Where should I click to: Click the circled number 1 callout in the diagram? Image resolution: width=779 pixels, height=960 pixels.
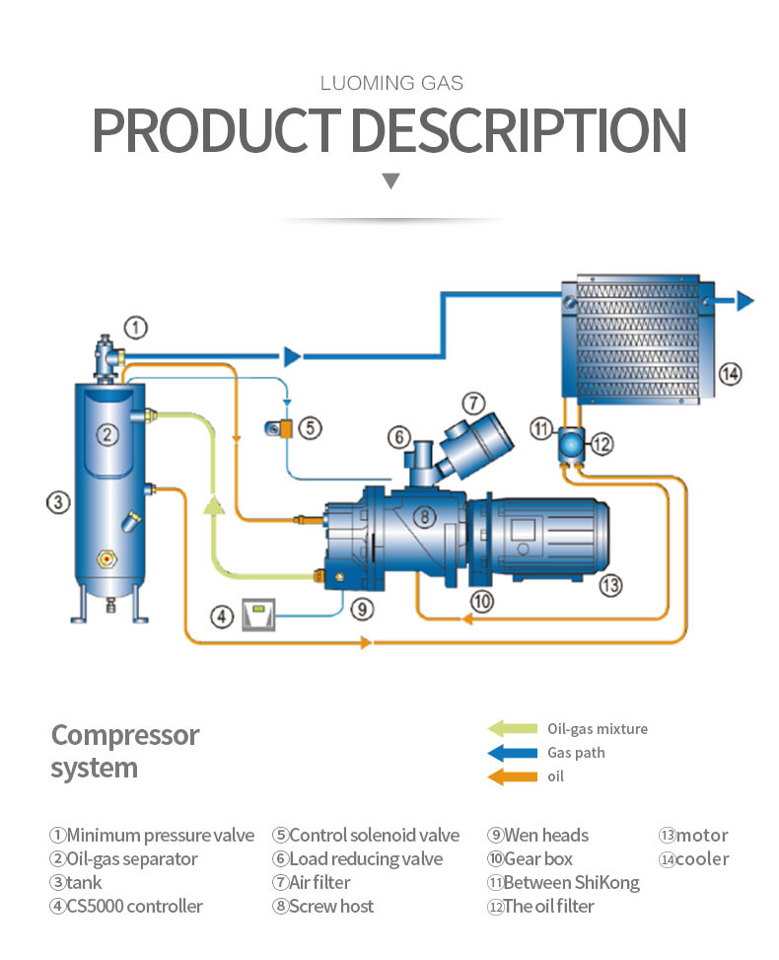136,327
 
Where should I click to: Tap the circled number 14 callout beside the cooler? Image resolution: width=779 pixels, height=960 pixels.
729,373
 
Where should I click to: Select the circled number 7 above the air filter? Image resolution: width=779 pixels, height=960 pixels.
474,403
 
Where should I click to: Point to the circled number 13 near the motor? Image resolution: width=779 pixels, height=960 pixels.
611,585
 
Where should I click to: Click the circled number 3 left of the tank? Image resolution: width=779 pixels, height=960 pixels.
58,502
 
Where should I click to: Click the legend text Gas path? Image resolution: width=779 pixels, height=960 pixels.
576,753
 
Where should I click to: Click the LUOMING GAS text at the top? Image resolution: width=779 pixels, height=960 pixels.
391,83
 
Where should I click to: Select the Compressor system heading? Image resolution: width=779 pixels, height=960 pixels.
124,751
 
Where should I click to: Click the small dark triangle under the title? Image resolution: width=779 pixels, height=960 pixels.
391,181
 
